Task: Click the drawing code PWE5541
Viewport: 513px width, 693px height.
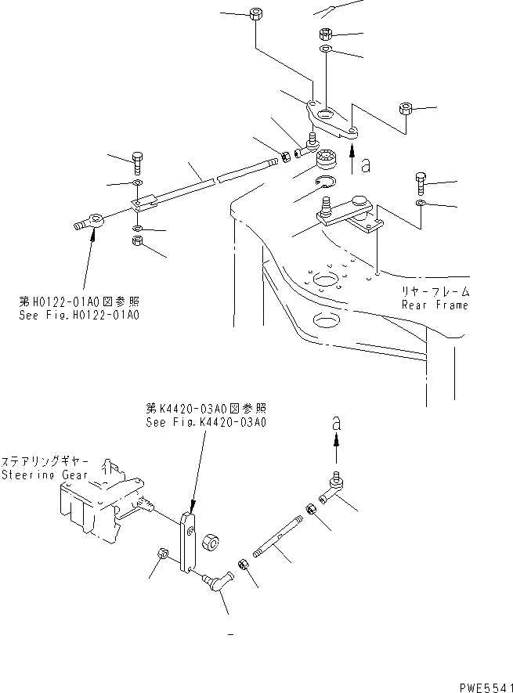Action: (x=484, y=684)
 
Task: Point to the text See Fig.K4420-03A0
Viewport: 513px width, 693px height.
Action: (x=207, y=422)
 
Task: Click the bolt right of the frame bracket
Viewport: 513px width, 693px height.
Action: (x=420, y=182)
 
